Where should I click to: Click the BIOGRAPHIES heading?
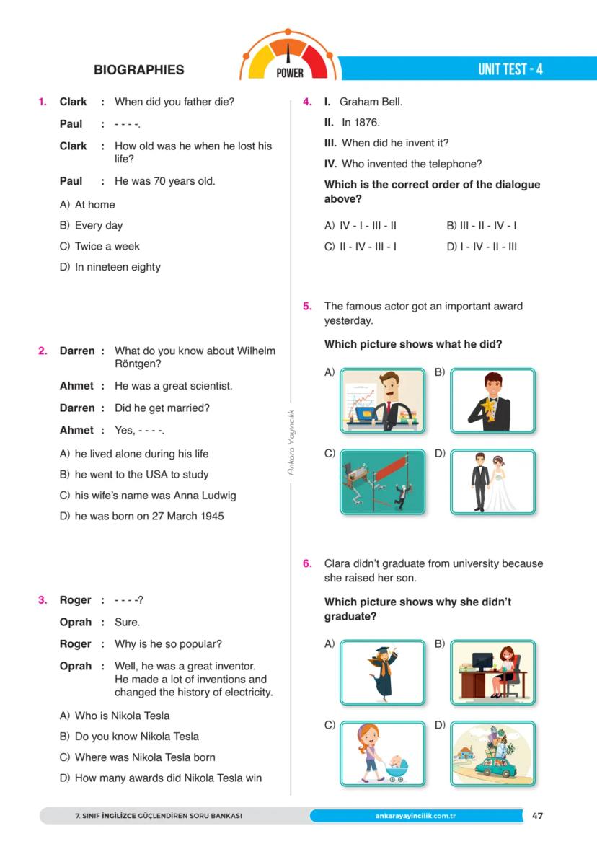click(138, 70)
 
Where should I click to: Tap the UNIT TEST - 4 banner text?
click(510, 69)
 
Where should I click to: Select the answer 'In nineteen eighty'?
click(117, 267)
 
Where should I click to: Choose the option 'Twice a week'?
click(107, 246)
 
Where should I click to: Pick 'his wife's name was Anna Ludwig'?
click(155, 496)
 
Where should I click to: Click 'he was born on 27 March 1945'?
click(149, 517)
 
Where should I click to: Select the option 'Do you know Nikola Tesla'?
click(136, 737)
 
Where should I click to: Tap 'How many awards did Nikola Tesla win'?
click(168, 778)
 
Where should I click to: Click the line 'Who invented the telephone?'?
click(411, 164)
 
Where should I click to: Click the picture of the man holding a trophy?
click(492, 400)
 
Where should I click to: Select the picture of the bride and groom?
click(492, 482)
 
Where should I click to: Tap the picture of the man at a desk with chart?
click(382, 400)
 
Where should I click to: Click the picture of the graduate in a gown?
click(382, 672)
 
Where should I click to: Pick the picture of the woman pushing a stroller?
click(382, 753)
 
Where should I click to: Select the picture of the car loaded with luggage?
click(492, 753)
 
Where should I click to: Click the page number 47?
click(537, 816)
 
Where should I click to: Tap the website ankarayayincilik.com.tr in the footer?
click(416, 816)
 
